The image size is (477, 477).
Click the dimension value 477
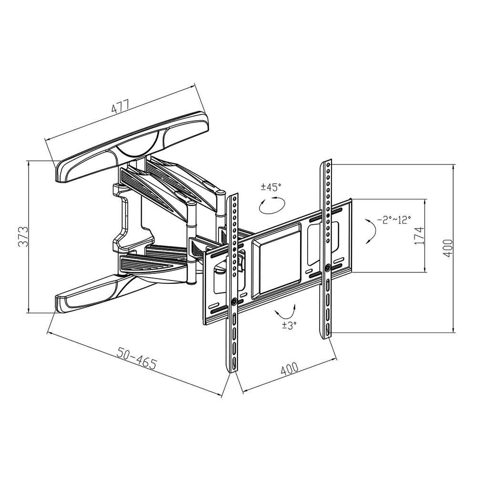pyautogui.click(x=121, y=106)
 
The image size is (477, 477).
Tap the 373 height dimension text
pyautogui.click(x=23, y=237)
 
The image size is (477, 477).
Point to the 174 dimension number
pyautogui.click(x=419, y=236)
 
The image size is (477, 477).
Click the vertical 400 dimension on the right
pyautogui.click(x=447, y=249)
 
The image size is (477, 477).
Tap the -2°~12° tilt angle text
pyautogui.click(x=394, y=219)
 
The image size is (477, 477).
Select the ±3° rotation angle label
pyautogui.click(x=289, y=325)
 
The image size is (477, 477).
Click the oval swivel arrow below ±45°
pyautogui.click(x=272, y=205)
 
